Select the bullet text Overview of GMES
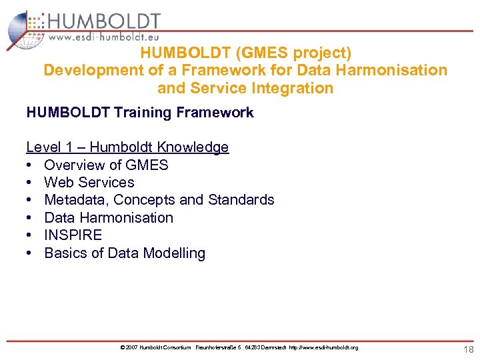(106, 165)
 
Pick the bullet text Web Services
(89, 182)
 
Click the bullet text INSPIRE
(73, 235)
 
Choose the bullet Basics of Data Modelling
(125, 253)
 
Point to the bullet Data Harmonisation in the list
(108, 217)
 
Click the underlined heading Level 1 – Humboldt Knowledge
(127, 147)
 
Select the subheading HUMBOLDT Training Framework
(140, 112)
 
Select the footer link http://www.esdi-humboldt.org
(323, 347)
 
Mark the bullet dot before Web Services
(31, 182)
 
